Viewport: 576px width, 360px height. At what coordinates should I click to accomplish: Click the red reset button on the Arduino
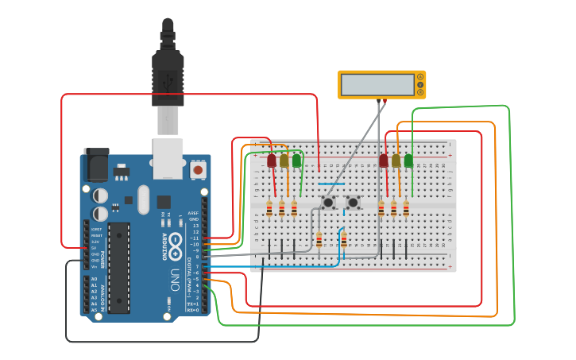[x=197, y=169]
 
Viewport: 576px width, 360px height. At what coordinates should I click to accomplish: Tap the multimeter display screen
[x=377, y=84]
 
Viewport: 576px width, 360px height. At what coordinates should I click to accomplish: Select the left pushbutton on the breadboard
[x=328, y=203]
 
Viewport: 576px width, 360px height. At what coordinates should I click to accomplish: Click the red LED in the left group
[x=272, y=161]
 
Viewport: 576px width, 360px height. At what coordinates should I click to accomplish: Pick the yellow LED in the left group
[x=284, y=161]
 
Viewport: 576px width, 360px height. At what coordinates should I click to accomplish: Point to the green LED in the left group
[x=297, y=161]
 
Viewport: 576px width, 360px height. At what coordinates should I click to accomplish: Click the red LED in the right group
[x=384, y=161]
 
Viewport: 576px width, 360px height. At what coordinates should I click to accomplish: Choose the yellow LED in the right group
[x=396, y=161]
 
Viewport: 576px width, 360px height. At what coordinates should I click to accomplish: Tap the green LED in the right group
[x=409, y=161]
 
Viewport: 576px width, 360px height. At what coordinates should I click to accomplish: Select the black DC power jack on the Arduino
[x=96, y=164]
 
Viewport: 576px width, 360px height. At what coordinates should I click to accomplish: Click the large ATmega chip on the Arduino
[x=118, y=268]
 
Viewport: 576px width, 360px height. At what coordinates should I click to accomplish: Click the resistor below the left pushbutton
[x=319, y=239]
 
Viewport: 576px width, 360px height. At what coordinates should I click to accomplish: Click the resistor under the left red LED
[x=269, y=209]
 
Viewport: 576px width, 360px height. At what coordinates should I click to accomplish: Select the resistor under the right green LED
[x=406, y=209]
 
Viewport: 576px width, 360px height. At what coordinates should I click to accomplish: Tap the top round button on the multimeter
[x=420, y=77]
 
